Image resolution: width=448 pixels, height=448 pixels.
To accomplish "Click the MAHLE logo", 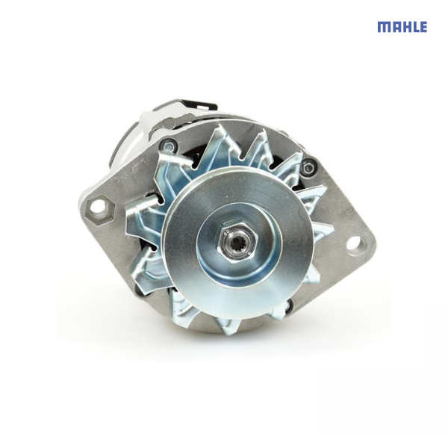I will pos(402,27).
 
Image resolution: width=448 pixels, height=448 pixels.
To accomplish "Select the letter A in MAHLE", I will pos(394,27).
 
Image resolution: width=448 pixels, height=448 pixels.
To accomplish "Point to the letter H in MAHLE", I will pos(405,27).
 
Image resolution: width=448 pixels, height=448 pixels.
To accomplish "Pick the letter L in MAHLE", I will pos(414,27).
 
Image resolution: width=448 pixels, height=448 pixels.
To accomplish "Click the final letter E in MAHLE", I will pos(423,27).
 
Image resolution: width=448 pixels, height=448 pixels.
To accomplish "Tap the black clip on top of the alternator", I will pos(196,102).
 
